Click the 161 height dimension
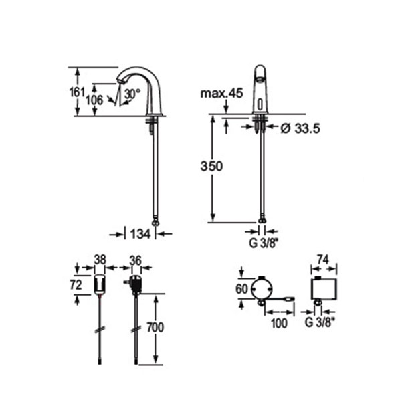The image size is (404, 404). (x=78, y=92)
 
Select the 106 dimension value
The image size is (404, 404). (x=95, y=99)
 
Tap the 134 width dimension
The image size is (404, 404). (x=140, y=233)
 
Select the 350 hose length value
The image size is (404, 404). (x=211, y=165)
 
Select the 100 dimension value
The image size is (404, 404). (x=280, y=323)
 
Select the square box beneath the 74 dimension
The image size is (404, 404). (x=324, y=289)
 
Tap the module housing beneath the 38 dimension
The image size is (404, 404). (x=99, y=284)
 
